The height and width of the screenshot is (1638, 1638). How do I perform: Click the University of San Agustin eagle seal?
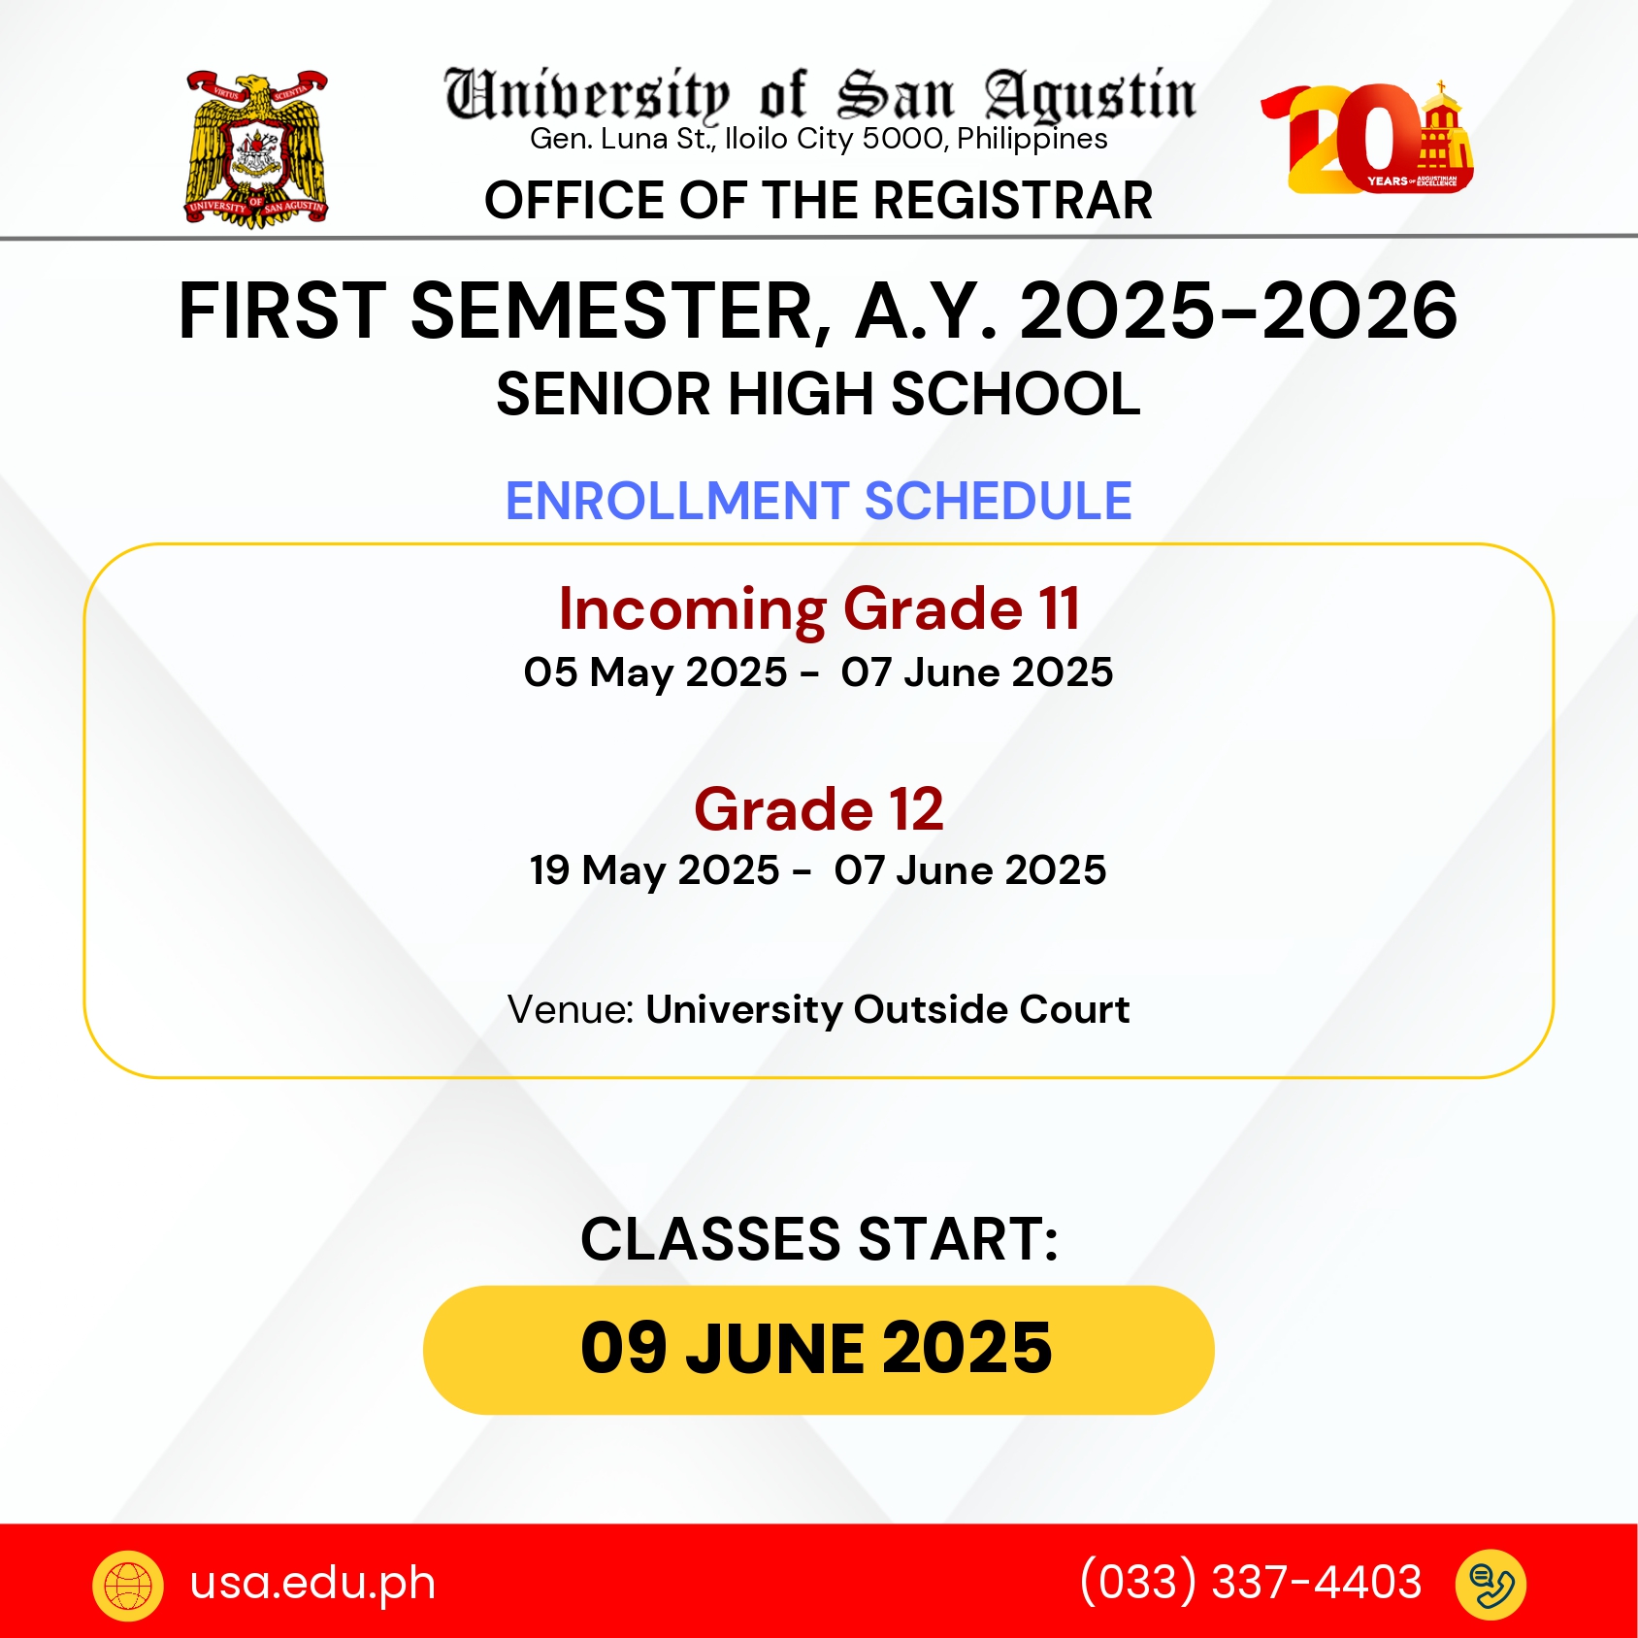tap(257, 148)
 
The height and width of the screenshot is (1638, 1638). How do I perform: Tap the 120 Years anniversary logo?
tap(1367, 138)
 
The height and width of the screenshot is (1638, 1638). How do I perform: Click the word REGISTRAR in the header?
tap(1013, 201)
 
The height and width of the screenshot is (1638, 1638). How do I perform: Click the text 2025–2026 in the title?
tap(1238, 311)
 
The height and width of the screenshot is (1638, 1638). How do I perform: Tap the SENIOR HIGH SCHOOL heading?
tap(818, 394)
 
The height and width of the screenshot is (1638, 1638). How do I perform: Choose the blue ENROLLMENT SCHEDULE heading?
tap(819, 501)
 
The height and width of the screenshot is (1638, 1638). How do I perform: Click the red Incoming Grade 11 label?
tap(819, 609)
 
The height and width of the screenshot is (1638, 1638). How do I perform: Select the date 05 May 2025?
tap(655, 672)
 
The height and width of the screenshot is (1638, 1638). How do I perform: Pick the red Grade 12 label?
tap(819, 809)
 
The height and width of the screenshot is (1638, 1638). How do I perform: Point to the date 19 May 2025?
tap(654, 870)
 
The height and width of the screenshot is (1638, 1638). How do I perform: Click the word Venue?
tap(571, 1009)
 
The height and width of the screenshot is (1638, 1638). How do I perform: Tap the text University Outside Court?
tap(888, 1009)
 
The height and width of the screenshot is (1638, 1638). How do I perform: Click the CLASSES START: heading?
tap(819, 1239)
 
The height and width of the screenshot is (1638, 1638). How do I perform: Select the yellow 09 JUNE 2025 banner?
tap(818, 1350)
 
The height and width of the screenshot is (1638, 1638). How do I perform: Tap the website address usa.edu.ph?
tap(312, 1583)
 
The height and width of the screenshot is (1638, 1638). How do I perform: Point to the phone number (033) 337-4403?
tap(1251, 1582)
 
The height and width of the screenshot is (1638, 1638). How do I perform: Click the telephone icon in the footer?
tap(1491, 1586)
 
